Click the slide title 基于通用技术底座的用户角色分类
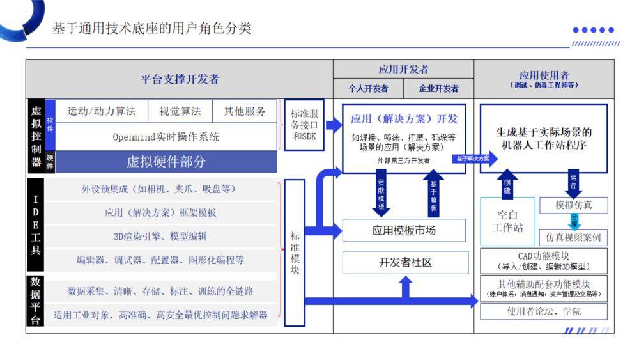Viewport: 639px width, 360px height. [152, 28]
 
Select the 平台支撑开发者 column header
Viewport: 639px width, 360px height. [180, 79]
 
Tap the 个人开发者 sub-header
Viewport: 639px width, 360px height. [368, 89]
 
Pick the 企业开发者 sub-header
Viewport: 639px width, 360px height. [438, 89]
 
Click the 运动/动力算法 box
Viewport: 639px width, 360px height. [102, 111]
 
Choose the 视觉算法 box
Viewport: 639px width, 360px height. [180, 111]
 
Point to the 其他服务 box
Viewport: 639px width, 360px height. [245, 111]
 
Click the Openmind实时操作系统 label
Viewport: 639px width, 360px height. [166, 137]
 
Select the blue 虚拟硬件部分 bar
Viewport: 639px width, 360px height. [166, 162]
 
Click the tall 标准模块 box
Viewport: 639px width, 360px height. [295, 253]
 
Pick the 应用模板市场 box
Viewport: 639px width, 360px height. [404, 230]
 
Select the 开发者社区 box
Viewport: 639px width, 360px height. [404, 262]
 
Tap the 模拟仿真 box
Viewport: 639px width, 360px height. [573, 205]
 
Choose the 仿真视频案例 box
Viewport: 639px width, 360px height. [573, 237]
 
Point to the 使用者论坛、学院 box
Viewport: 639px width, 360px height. [544, 311]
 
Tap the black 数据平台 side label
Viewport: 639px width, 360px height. [35, 301]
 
